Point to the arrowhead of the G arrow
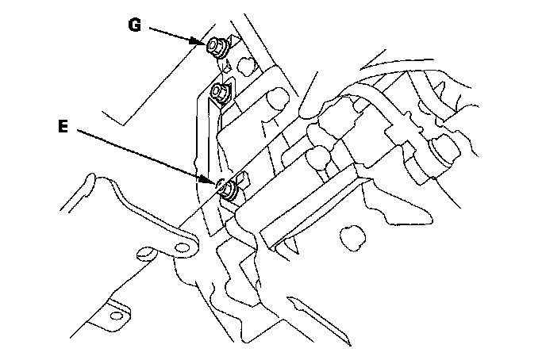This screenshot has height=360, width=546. (204, 44)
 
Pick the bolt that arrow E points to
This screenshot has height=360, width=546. (229, 189)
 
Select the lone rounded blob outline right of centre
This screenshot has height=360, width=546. (350, 235)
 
